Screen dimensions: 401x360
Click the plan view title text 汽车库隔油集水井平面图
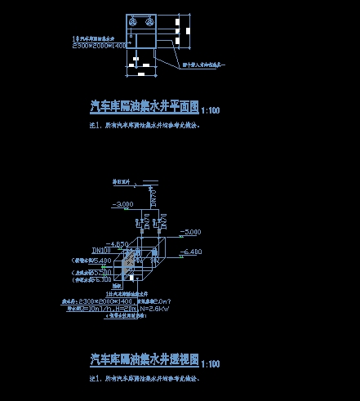[144, 107]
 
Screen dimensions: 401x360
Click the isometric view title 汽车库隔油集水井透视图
[144, 359]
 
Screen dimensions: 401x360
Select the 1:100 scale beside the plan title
[210, 109]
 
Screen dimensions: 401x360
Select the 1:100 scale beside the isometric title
[210, 363]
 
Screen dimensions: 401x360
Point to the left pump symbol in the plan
[133, 22]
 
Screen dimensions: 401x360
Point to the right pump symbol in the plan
[149, 22]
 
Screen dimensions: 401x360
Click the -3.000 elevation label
[122, 203]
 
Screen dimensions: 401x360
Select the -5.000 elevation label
[189, 232]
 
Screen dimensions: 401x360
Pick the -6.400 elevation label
[189, 252]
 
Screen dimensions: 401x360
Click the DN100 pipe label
[101, 249]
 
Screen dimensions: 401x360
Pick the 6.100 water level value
[103, 278]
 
